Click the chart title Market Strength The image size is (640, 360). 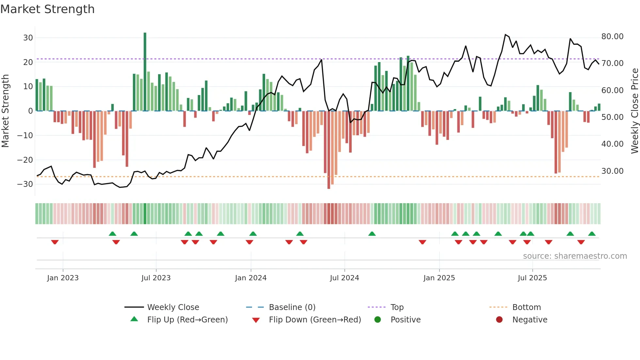click(47, 9)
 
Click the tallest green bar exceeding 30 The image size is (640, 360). click(145, 72)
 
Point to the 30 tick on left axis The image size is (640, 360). click(28, 38)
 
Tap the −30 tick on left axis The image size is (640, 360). click(25, 184)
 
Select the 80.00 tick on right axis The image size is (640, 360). click(612, 37)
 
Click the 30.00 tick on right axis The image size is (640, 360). click(612, 171)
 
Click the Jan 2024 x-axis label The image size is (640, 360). click(250, 278)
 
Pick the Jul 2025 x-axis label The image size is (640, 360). click(532, 278)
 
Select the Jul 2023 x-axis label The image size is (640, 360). click(156, 278)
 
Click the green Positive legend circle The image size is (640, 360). click(378, 320)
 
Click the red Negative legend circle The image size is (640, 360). click(499, 320)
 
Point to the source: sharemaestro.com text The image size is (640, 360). click(575, 256)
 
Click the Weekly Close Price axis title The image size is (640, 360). click(634, 111)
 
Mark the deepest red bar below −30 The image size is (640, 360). click(329, 150)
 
